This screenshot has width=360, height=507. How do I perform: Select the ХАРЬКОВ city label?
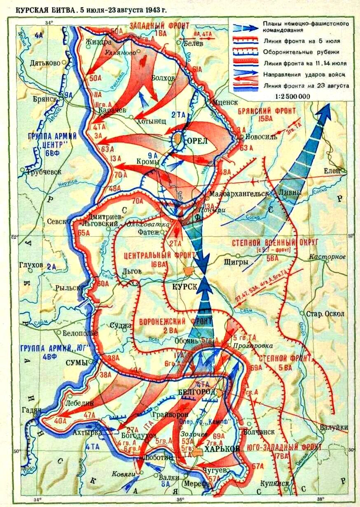coord(222,450)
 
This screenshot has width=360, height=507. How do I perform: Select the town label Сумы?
coord(77,363)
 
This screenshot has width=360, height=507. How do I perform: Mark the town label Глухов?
coord(31,265)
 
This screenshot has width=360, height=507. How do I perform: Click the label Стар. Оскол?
coord(325,313)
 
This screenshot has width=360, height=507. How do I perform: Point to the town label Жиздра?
coord(97,42)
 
